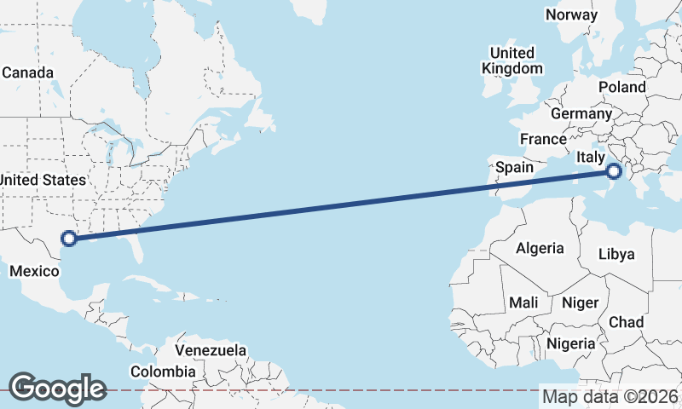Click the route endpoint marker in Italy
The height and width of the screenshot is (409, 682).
pos(614,172)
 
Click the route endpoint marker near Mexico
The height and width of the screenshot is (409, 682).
pos(69,239)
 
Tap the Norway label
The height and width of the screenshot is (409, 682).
pos(571,15)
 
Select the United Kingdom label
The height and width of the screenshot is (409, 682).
pos(511,60)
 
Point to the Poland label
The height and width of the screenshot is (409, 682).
pos(622,87)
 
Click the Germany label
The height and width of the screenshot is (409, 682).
pos(581,113)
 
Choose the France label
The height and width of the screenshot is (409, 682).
pos(543,139)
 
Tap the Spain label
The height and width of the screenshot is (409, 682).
pos(514,167)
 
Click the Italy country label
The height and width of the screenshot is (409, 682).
pos(591,157)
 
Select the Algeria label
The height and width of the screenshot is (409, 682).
pos(540,248)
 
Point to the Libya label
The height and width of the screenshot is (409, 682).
pos(616,254)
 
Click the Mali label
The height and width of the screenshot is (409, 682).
pos(523,302)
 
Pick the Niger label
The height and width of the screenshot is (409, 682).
pos(580,302)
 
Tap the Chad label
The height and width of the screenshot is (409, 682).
pos(627,322)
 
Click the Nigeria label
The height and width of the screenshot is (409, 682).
pos(570,343)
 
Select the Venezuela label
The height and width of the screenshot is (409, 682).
pos(211,350)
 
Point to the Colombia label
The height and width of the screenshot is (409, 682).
pos(162,372)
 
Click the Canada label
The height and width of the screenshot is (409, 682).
pos(27,72)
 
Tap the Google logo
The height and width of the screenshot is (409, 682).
pos(57,389)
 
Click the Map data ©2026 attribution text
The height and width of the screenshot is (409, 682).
pos(610,396)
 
